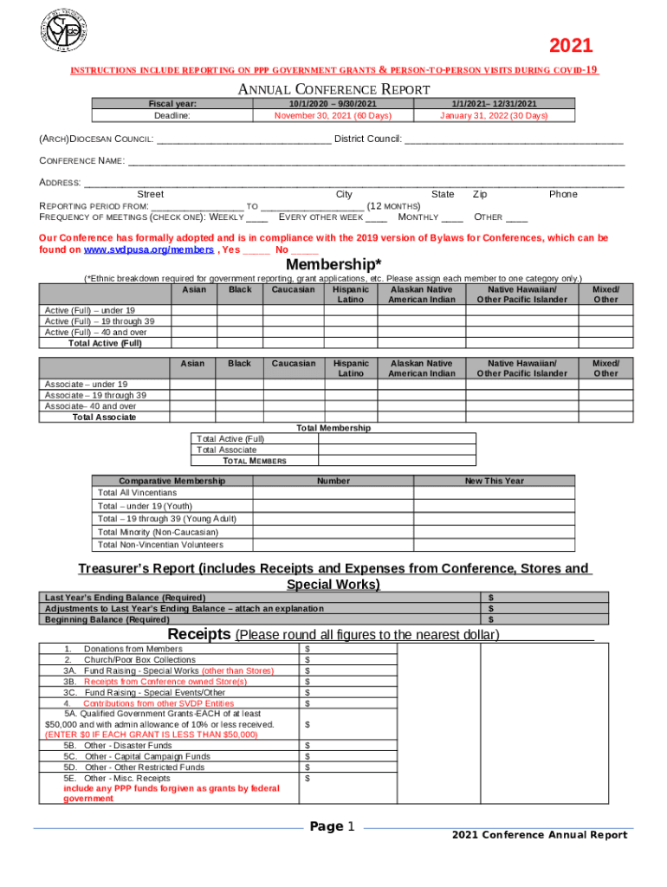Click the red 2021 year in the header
point(572,47)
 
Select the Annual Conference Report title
point(333,89)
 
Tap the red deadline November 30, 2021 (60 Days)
point(333,115)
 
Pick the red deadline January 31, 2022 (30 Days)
point(494,115)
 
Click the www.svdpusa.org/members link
point(148,249)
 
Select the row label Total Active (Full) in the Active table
point(105,343)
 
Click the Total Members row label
point(255,461)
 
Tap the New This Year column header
point(494,481)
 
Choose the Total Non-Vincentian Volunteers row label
point(160,545)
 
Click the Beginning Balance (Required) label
point(107,619)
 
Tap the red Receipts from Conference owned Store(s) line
point(165,682)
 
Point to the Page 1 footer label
point(333,827)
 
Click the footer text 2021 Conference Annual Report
point(540,835)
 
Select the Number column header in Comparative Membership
point(333,481)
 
